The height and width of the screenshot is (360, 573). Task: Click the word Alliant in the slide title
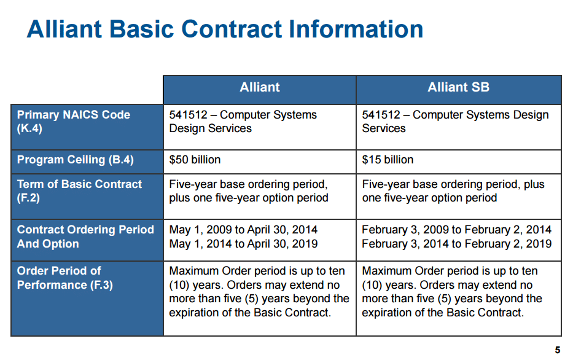(x=64, y=29)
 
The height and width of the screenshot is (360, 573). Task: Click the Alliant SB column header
(x=458, y=87)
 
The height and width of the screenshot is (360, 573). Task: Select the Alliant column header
(x=259, y=87)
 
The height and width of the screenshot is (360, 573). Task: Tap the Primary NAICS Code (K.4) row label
(x=74, y=122)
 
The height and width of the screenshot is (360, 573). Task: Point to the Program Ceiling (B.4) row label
(x=76, y=160)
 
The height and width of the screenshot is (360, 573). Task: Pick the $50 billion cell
(x=195, y=160)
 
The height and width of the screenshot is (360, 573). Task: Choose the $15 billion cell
(x=388, y=160)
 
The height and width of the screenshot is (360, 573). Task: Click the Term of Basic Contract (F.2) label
(x=79, y=191)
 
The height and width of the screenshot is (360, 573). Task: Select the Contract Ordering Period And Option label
(x=85, y=237)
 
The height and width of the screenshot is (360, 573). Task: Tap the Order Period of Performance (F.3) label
(x=64, y=278)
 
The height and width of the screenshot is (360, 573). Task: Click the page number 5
(x=557, y=350)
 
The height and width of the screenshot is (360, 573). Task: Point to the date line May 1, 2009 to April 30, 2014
(x=243, y=230)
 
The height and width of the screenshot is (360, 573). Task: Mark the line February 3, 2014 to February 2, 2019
(x=457, y=244)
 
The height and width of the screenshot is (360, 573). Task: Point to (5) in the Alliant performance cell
(x=251, y=299)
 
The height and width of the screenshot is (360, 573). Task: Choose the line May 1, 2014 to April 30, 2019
(x=243, y=244)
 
